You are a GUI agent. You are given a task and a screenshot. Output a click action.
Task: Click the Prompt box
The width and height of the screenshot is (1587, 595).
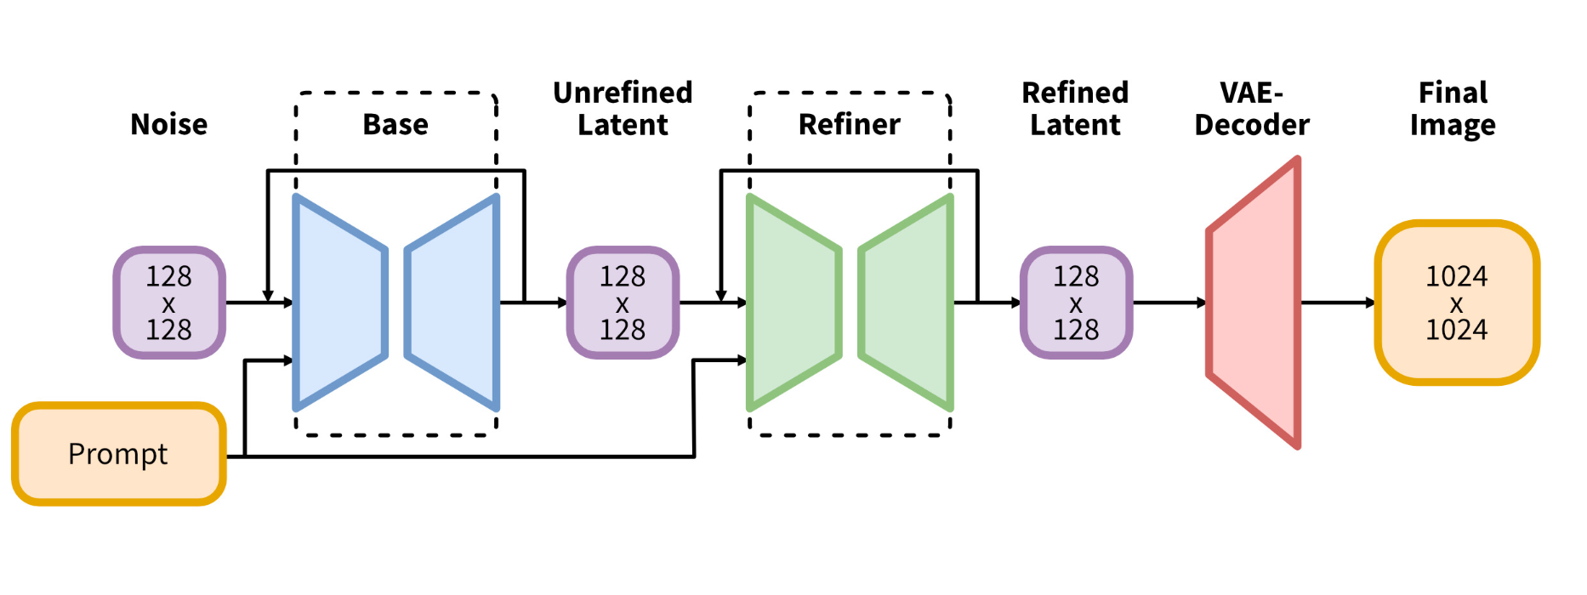click(119, 454)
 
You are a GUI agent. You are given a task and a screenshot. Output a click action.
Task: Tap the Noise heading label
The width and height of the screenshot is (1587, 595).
click(168, 125)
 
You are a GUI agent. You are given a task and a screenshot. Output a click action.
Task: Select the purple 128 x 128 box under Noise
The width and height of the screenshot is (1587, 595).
click(169, 303)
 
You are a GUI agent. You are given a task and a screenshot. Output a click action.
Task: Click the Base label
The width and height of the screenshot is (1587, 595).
click(395, 125)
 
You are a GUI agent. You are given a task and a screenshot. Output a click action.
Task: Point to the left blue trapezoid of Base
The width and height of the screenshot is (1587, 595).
click(340, 303)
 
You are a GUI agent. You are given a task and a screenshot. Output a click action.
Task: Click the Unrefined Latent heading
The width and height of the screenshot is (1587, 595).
click(623, 109)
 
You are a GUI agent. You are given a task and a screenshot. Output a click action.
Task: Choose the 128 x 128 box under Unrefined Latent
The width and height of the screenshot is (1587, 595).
click(623, 303)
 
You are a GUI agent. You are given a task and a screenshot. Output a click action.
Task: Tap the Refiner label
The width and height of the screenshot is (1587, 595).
click(849, 125)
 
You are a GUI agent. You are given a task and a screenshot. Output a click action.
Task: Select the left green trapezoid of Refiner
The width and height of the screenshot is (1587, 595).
click(794, 303)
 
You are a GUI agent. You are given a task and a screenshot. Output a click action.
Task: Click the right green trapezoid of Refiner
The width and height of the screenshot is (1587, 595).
click(906, 303)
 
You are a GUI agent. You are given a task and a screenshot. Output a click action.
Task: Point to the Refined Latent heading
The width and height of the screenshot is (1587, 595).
click(1075, 109)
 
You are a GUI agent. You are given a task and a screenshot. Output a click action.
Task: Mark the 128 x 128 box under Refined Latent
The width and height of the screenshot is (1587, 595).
click(1076, 303)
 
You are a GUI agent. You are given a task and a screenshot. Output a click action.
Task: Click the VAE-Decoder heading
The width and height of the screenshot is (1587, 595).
click(1252, 109)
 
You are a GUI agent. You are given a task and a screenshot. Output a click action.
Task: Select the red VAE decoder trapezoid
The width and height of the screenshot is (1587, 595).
click(1254, 303)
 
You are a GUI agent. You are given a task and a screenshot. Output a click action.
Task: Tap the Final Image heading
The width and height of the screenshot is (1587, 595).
click(1453, 109)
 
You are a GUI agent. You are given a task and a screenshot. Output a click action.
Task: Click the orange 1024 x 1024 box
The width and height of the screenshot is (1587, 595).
click(1457, 303)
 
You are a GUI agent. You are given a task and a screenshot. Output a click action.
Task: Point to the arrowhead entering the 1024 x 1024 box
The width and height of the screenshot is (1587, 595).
click(1370, 303)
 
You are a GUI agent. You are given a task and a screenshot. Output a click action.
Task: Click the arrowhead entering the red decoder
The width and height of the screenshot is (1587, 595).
click(1202, 303)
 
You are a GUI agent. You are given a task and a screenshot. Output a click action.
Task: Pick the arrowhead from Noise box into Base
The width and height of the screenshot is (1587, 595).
click(288, 303)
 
